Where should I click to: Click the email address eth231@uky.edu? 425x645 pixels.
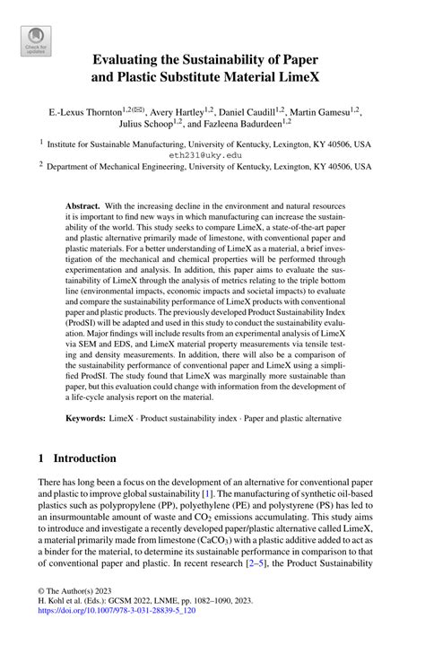coord(212,154)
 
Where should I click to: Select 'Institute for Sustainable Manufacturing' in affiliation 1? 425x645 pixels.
coord(127,143)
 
